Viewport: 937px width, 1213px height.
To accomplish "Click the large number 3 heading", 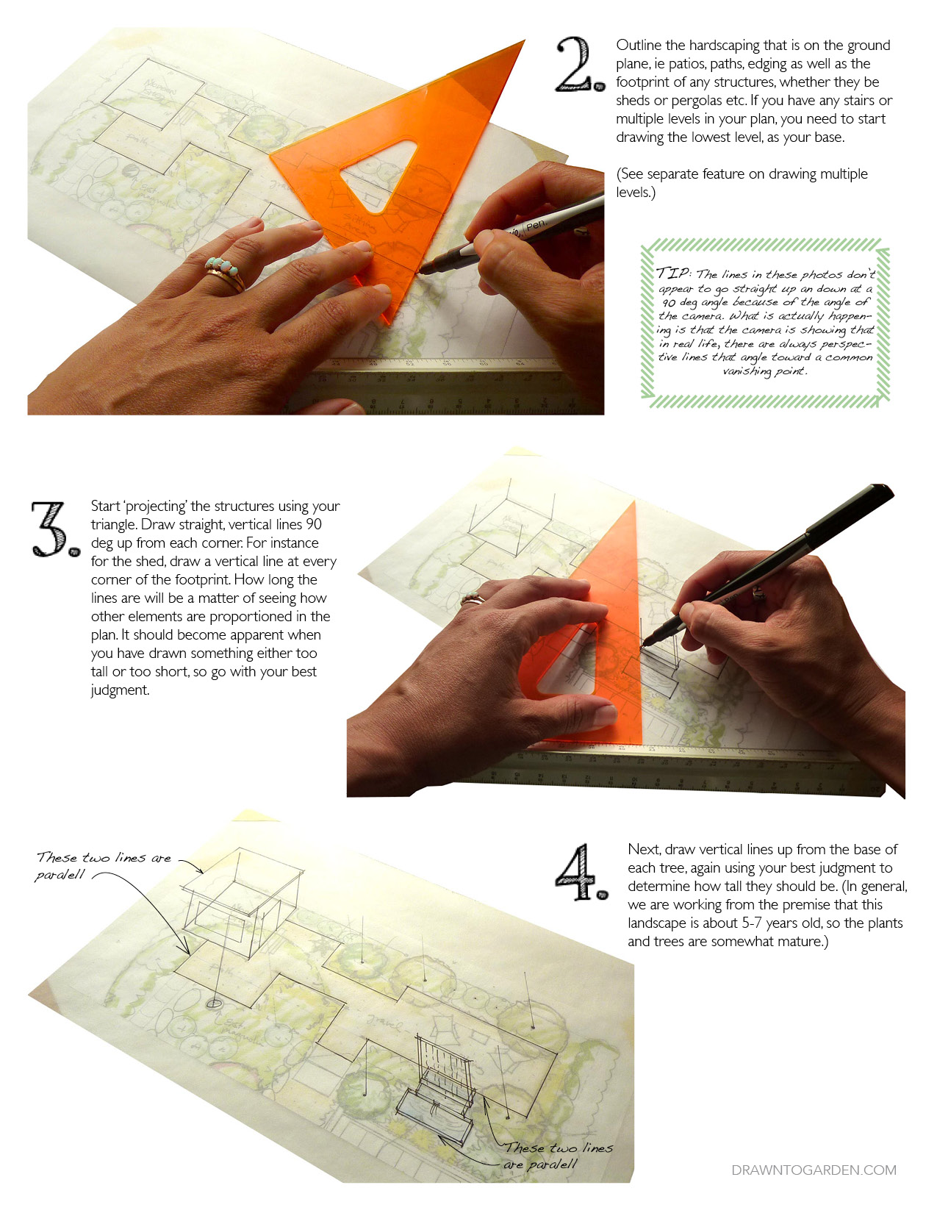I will [x=53, y=529].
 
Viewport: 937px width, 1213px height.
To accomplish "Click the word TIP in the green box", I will [x=672, y=273].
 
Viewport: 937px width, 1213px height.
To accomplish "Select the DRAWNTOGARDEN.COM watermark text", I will [x=814, y=1170].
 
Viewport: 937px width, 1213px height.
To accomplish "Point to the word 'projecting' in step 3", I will [x=157, y=507].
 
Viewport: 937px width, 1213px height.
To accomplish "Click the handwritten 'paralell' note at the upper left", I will [x=60, y=875].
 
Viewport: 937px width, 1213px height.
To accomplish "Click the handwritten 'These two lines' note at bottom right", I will [x=559, y=1148].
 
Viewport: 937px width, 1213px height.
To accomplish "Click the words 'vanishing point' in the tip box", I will [x=764, y=371].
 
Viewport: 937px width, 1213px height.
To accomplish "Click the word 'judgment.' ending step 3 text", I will [x=120, y=690].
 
